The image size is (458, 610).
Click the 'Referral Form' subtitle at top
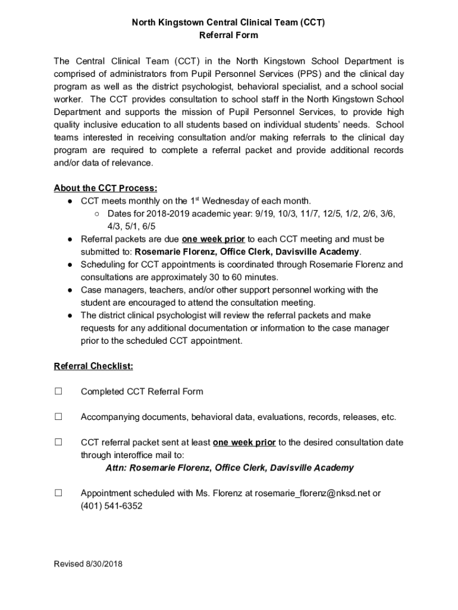228,35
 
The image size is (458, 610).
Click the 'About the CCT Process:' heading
105,188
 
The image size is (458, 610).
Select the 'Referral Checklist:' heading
93,366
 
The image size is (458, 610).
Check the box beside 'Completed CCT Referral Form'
58,391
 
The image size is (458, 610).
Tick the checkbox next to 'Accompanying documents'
58,417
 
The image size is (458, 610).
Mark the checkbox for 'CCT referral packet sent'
58,443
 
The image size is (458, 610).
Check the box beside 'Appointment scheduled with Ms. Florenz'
58,493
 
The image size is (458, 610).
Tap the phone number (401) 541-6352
111,506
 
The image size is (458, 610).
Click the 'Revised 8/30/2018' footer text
88,564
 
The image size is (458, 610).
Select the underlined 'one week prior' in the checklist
244,443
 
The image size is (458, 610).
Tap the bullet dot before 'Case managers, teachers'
69,290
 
